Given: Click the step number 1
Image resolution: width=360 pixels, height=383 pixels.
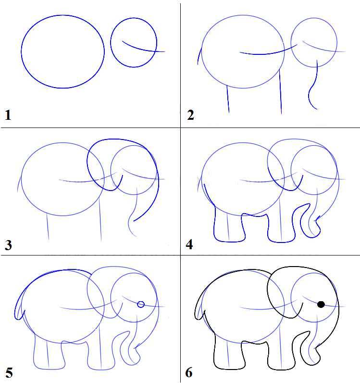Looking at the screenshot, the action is click(8, 115).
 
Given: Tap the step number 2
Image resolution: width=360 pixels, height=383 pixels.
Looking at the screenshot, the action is click(191, 115).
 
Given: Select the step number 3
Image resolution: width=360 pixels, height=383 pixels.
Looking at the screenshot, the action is click(8, 245).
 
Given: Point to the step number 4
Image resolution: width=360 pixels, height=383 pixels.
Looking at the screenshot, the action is click(189, 244).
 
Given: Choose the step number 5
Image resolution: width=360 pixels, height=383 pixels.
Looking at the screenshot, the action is click(9, 373).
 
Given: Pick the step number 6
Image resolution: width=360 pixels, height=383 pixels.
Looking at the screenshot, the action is click(189, 372).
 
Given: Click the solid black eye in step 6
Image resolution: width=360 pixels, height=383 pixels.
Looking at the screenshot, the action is click(321, 305).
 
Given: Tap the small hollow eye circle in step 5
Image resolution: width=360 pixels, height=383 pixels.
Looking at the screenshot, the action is click(141, 305).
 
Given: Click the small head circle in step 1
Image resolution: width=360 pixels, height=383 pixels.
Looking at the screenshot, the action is click(111, 42).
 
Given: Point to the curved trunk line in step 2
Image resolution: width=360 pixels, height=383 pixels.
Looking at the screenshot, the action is click(313, 85).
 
